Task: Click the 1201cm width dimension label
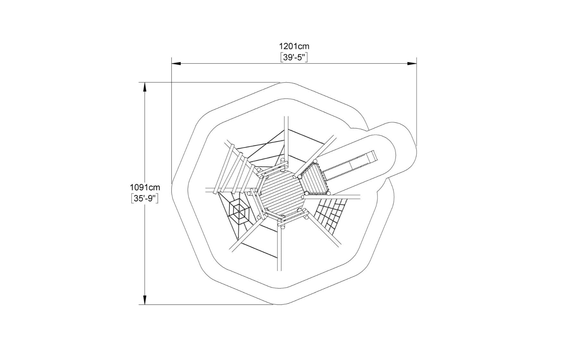pyautogui.click(x=294, y=46)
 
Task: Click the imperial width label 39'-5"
pyautogui.click(x=294, y=57)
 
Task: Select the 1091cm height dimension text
pyautogui.click(x=145, y=187)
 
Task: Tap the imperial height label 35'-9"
pyautogui.click(x=145, y=199)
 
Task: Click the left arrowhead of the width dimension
pyautogui.click(x=176, y=63)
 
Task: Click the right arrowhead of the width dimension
pyautogui.click(x=412, y=63)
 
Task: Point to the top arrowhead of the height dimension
pyautogui.click(x=145, y=87)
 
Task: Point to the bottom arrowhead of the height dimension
pyautogui.click(x=145, y=299)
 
